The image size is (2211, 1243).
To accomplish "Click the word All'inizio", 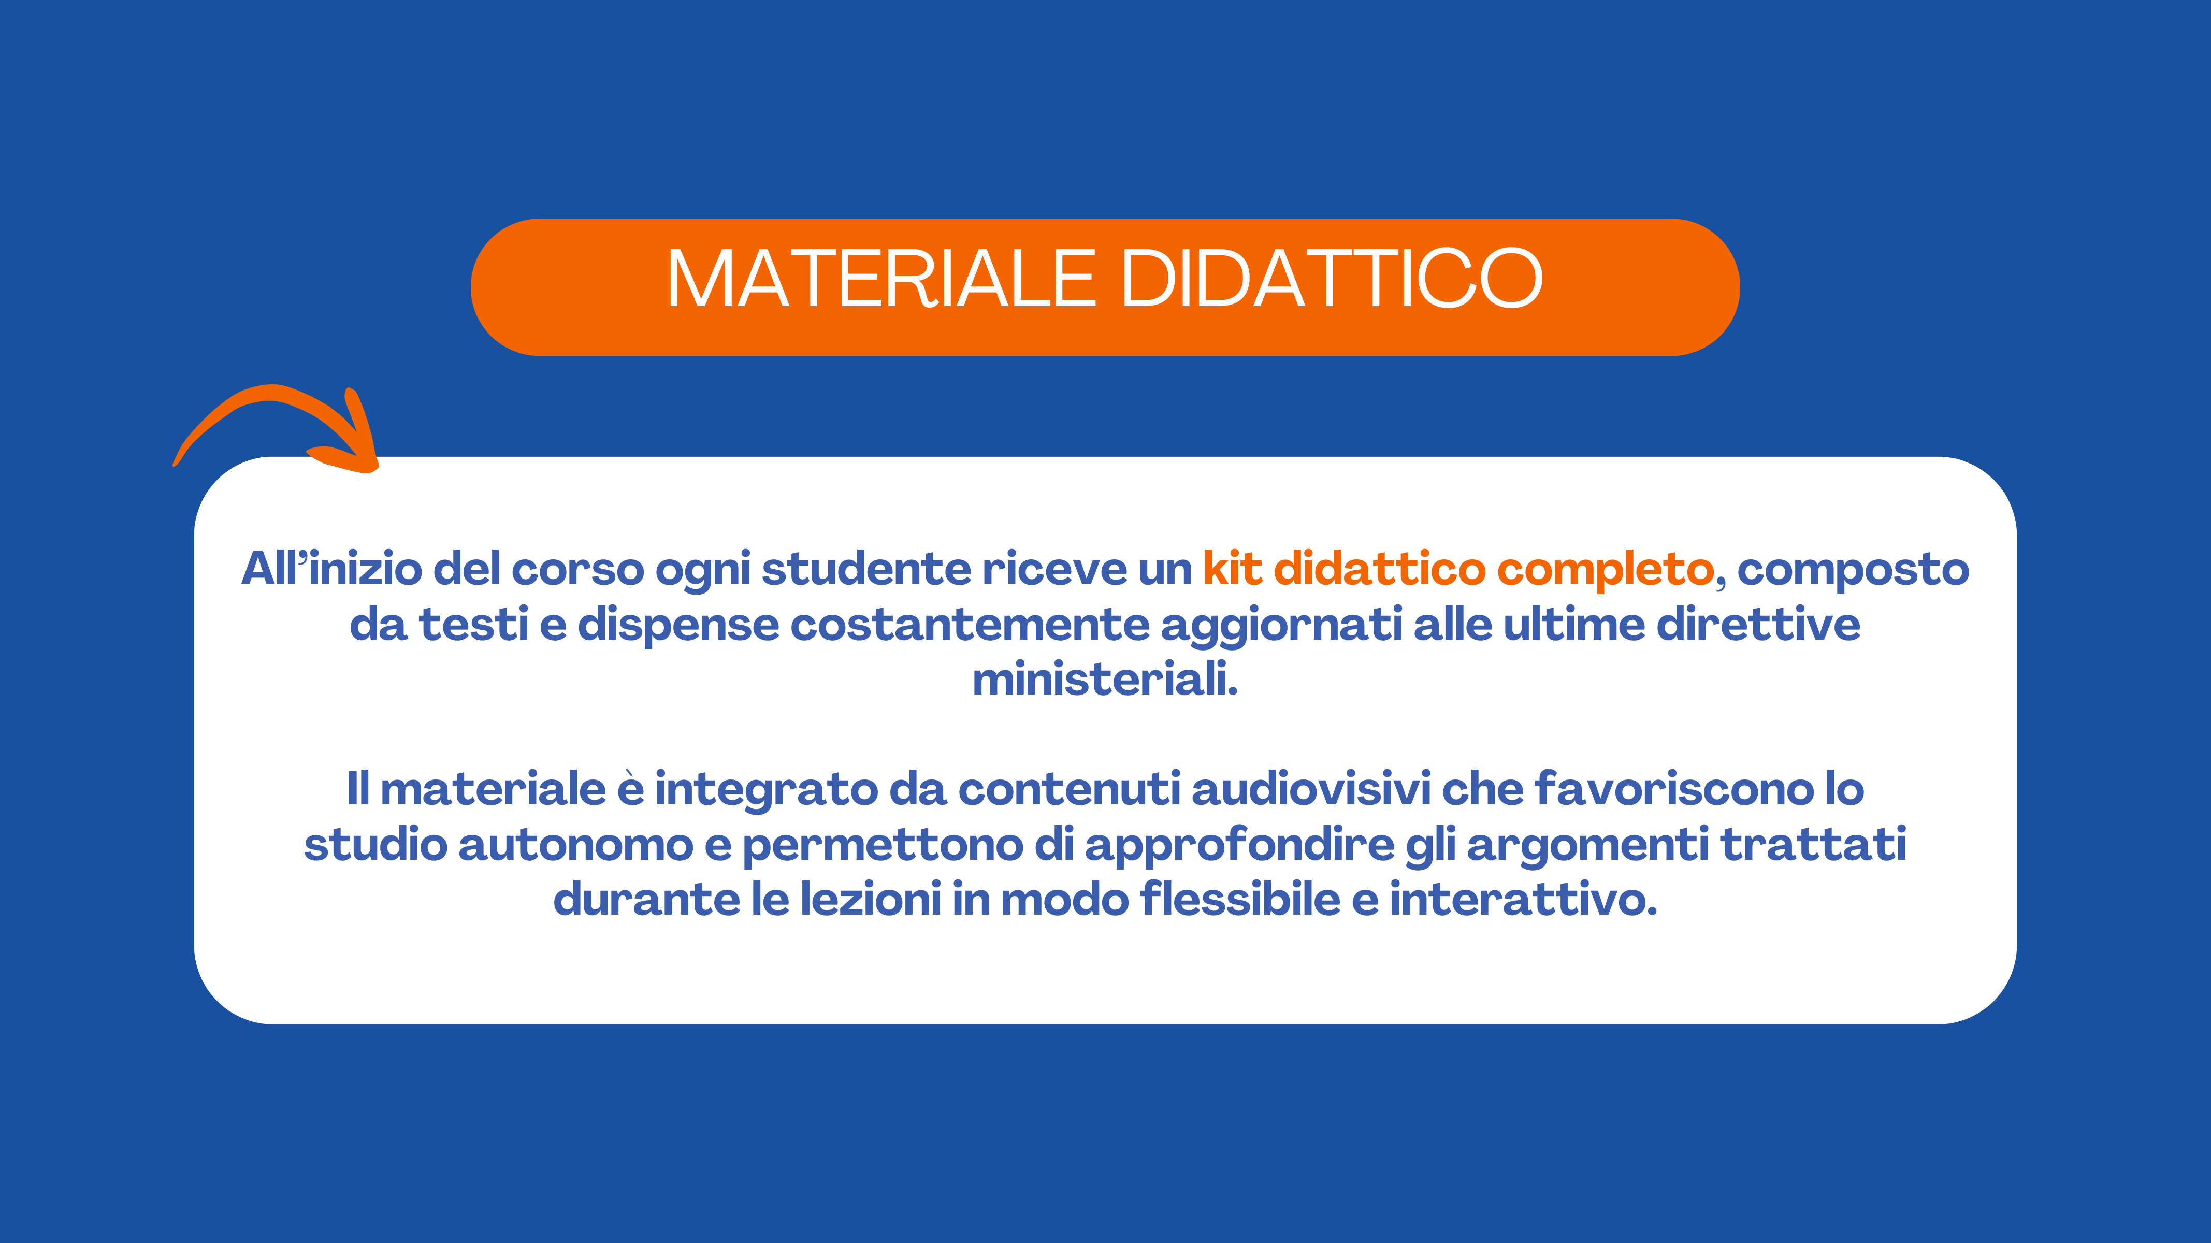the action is click(331, 569).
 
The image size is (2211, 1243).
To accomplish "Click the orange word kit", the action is click(1233, 569).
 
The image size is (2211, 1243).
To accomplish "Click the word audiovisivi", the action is click(1311, 789).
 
